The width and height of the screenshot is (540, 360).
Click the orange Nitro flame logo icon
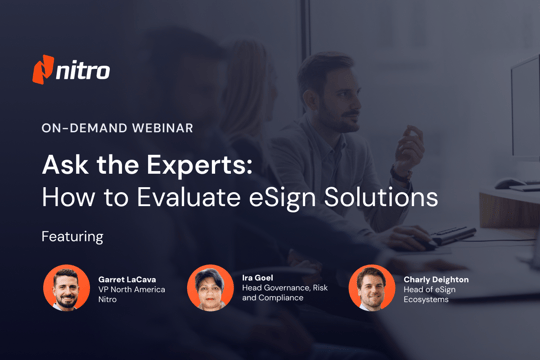[42, 70]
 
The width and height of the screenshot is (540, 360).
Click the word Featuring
[73, 237]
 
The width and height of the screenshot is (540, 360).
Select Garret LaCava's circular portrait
[67, 288]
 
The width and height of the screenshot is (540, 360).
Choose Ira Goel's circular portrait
[210, 288]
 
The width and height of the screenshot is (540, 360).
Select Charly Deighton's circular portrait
[371, 288]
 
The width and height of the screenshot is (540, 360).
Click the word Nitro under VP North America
[110, 301]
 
